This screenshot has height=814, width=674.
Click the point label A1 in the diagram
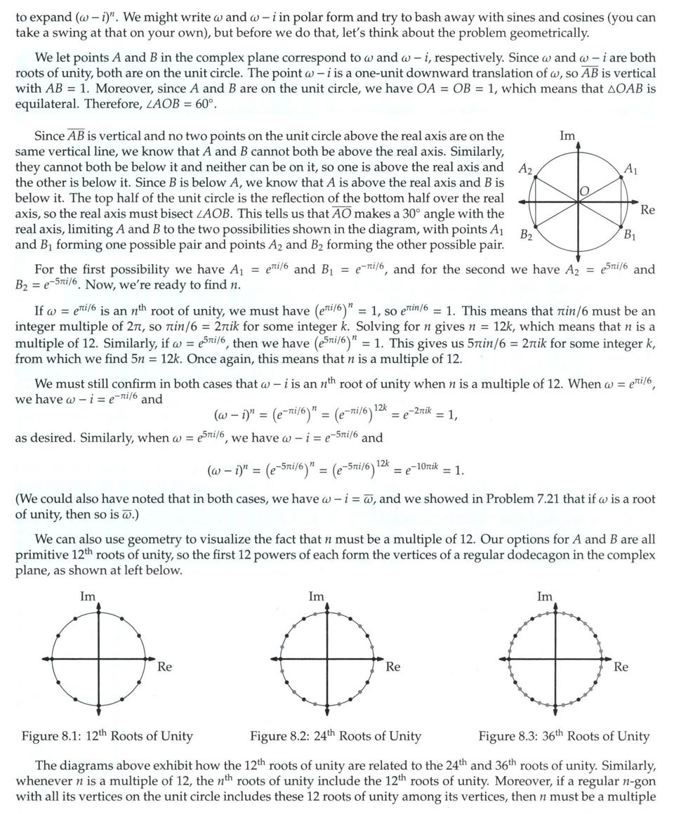click(630, 169)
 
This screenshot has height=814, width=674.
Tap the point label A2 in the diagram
click(525, 169)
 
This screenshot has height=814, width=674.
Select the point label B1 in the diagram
click(630, 235)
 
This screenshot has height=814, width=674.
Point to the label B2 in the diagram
click(527, 235)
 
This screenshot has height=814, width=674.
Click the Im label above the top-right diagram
click(567, 136)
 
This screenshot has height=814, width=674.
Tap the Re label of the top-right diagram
click(648, 210)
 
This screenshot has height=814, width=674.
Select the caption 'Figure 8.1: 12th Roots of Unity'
click(107, 737)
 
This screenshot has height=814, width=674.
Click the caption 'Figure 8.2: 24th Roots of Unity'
click(336, 737)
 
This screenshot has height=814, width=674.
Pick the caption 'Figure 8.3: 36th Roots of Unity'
click(564, 737)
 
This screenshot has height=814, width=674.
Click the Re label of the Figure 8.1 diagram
click(164, 667)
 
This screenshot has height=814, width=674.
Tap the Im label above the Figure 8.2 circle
click(317, 597)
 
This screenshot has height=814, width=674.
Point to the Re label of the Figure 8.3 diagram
click(621, 667)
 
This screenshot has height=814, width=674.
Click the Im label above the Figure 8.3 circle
click(545, 597)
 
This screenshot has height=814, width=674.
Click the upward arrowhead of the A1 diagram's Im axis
click(577, 145)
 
